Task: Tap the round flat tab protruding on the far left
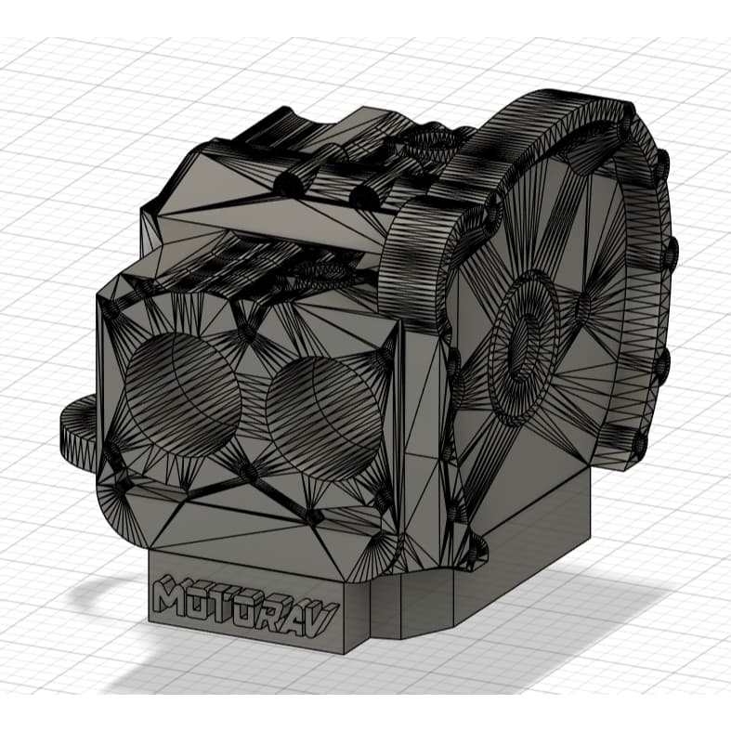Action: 79,429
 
